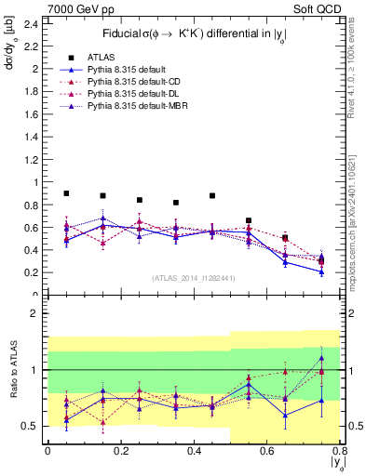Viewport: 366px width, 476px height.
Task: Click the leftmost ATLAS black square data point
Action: click(x=66, y=193)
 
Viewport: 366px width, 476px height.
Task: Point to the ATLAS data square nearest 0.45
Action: click(x=212, y=196)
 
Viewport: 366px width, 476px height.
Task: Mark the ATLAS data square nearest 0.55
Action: click(x=249, y=220)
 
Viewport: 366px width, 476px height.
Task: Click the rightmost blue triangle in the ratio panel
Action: click(x=321, y=358)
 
